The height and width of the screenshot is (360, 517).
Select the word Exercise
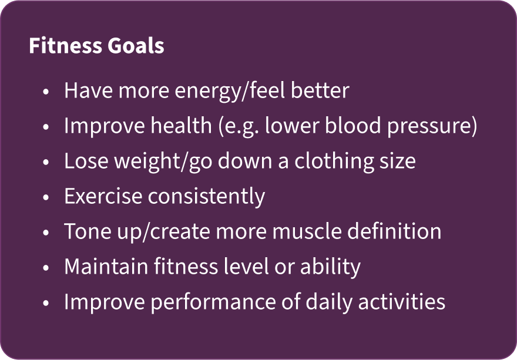103,197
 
